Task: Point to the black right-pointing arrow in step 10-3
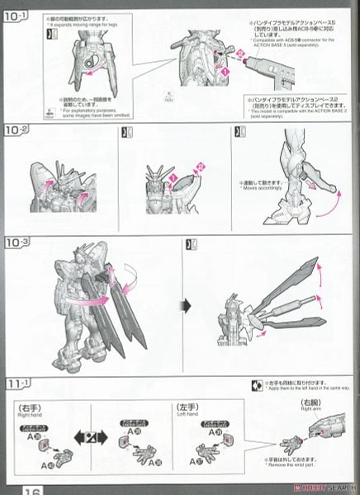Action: (x=187, y=305)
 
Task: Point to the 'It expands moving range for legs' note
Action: (x=91, y=25)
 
